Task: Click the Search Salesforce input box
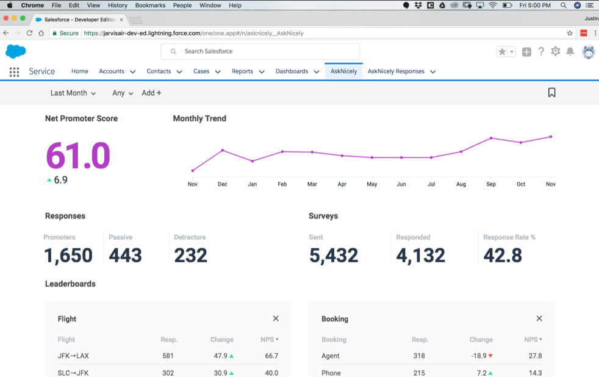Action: (260, 52)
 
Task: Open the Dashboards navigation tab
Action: (292, 71)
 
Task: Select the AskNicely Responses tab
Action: (396, 71)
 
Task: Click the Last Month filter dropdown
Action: (73, 93)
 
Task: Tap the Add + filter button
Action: (151, 93)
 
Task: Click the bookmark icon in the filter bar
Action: (551, 93)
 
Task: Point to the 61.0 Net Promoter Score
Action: (78, 155)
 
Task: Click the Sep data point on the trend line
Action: (491, 138)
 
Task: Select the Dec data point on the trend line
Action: (223, 150)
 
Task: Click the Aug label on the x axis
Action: (461, 184)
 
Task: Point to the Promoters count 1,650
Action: (68, 255)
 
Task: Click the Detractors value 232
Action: (190, 255)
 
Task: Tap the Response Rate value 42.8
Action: (503, 255)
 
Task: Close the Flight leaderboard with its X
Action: (276, 318)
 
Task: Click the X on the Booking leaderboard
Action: (539, 318)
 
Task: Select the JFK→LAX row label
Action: (73, 356)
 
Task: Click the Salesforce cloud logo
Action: (15, 51)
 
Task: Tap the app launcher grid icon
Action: (14, 72)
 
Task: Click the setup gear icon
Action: (555, 52)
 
